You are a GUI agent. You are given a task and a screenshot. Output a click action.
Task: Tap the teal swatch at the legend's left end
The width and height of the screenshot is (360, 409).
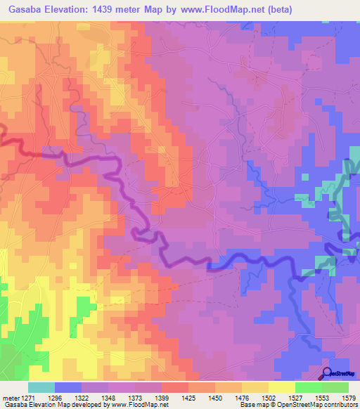click(41, 387)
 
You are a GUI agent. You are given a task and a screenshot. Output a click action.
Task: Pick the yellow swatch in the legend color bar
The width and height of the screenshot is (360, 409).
click(281, 387)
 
